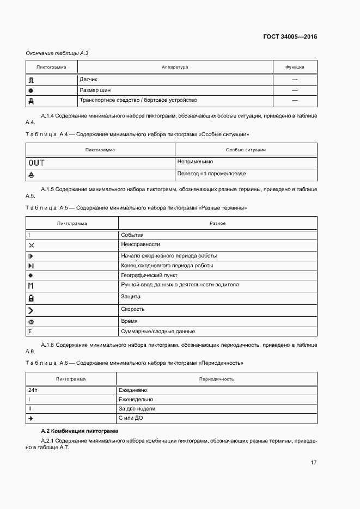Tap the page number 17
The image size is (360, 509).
(313, 462)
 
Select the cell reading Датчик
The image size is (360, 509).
(89, 79)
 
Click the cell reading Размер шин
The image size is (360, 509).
(95, 90)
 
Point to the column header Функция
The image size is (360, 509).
(295, 67)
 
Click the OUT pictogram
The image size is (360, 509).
(36, 162)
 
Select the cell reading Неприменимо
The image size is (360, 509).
(194, 162)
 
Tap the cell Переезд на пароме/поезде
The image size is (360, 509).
(211, 174)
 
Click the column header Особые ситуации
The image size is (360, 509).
(246, 150)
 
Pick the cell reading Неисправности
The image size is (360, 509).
(141, 245)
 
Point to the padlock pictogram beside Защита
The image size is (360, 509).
(31, 298)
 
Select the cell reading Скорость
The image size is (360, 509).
(132, 309)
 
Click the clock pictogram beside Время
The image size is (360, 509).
(31, 322)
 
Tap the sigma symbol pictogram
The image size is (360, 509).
(30, 332)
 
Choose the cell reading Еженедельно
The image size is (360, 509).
(136, 399)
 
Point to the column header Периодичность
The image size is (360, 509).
(217, 378)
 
